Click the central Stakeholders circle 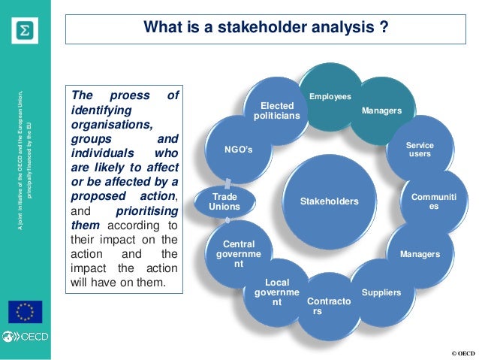(x=329, y=201)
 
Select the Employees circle (x=330, y=97)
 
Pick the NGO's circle (x=239, y=150)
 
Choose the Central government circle (x=239, y=254)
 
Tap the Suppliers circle (x=381, y=291)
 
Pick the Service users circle (x=420, y=150)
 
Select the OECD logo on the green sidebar (x=26, y=337)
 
